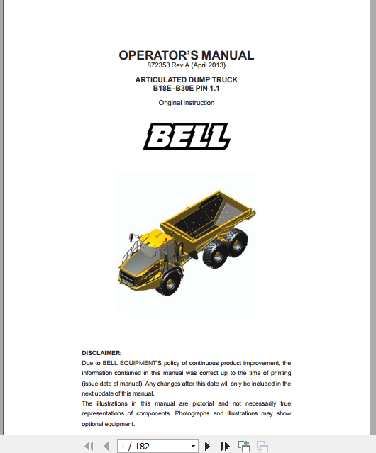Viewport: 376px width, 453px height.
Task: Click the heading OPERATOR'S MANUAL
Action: [186, 55]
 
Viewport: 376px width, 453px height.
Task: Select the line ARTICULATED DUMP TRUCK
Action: [186, 79]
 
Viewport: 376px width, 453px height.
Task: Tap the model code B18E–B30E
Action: [171, 89]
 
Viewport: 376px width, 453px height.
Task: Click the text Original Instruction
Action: [186, 103]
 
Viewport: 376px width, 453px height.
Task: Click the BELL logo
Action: [187, 136]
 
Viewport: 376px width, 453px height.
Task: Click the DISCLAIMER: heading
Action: [101, 353]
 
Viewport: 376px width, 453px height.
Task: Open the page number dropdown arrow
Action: [192, 446]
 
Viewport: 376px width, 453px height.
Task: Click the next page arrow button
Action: [208, 446]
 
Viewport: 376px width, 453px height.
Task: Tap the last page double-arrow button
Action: [226, 446]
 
